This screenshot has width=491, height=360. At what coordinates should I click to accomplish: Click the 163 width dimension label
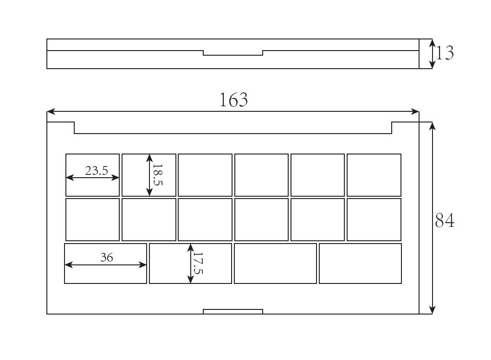233,100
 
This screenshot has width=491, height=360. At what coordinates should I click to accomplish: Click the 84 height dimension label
445,220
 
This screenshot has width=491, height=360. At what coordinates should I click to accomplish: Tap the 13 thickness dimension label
445,53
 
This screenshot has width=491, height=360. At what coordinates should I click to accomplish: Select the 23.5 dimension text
97,171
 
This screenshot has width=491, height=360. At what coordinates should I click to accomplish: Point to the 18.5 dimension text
157,175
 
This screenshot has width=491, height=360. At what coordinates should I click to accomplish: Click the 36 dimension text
107,257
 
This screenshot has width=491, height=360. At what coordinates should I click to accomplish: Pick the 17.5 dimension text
198,263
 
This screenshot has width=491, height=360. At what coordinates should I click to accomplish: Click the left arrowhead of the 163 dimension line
51,111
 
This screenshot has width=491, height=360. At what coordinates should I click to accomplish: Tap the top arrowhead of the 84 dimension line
432,126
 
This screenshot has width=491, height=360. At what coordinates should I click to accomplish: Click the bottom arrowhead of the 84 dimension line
432,310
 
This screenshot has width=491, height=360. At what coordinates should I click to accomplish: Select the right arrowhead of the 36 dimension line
142,265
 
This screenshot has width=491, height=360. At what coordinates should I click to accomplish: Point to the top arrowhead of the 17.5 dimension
190,248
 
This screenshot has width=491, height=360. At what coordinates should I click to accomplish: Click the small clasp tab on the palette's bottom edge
233,311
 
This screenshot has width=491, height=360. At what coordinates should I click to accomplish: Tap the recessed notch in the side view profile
233,53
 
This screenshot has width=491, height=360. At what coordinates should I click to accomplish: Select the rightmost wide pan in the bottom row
361,264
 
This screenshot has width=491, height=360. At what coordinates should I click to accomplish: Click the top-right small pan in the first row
374,175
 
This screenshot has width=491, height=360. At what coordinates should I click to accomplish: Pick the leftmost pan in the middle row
93,219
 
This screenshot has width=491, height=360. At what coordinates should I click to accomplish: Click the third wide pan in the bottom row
275,264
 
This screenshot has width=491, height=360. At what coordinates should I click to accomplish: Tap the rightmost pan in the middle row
374,219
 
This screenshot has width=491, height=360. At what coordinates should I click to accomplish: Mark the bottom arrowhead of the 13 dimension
432,64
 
